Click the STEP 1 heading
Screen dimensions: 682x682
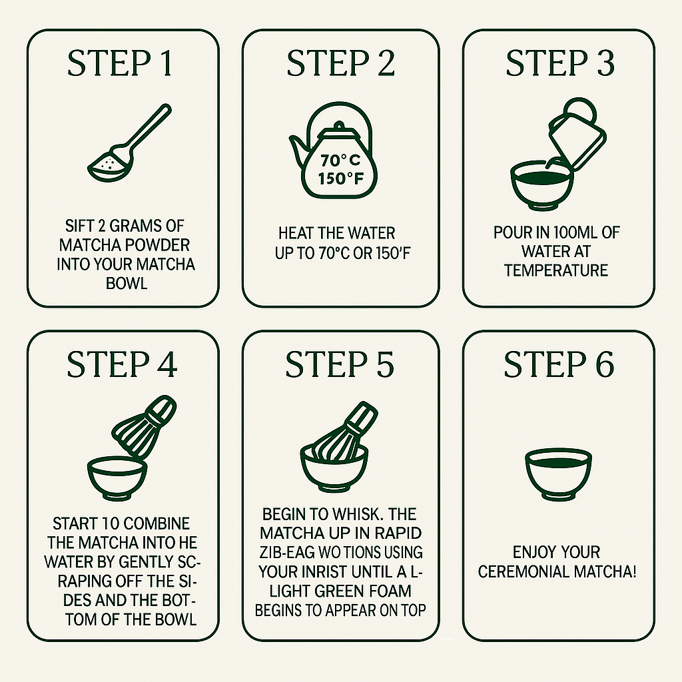[120, 63]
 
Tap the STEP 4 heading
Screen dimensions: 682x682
[122, 364]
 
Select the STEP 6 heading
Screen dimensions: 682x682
[559, 364]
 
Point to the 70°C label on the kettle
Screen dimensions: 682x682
[340, 161]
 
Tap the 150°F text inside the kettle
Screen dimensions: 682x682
[340, 178]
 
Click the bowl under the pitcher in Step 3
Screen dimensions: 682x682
[542, 186]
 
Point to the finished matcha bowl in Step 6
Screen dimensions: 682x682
[559, 475]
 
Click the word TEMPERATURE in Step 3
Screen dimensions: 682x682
[556, 270]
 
